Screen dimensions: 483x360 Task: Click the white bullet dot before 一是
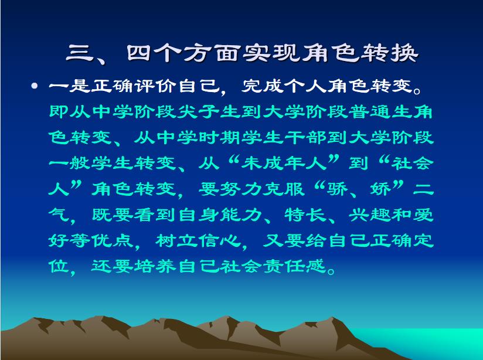pyautogui.click(x=35, y=86)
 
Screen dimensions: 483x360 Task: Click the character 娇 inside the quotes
pyautogui.click(x=381, y=189)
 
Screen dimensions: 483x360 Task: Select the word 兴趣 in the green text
pyautogui.click(x=370, y=215)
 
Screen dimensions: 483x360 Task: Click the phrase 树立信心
pyautogui.click(x=199, y=240)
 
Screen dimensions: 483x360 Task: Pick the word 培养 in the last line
pyautogui.click(x=156, y=266)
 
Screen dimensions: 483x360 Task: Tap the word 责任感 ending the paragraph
pyautogui.click(x=295, y=266)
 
